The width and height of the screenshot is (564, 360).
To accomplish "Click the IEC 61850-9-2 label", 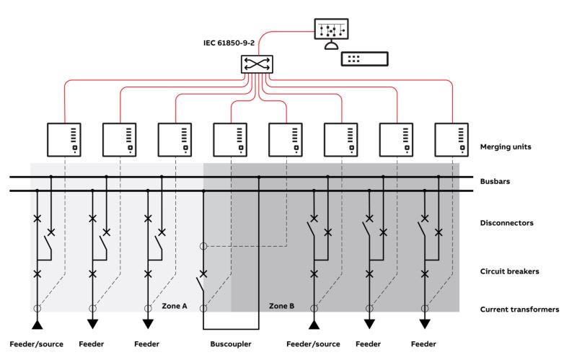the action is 229,43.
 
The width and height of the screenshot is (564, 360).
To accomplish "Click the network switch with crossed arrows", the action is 257,64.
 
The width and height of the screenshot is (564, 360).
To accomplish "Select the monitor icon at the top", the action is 331,33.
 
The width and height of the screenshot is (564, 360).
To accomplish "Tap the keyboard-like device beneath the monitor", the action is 364,59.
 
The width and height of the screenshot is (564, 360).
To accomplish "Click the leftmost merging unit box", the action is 64,140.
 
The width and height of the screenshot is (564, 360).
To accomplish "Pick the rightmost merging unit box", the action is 451,140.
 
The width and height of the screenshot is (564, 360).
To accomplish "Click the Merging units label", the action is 506,146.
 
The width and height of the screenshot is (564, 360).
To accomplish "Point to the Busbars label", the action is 495,181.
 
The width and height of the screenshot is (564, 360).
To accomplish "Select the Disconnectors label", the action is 506,223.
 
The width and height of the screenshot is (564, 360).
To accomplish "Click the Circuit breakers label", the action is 509,271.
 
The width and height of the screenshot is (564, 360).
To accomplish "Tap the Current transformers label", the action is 519,309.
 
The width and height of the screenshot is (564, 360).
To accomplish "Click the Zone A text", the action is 175,306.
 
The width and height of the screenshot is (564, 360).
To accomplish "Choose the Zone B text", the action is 282,306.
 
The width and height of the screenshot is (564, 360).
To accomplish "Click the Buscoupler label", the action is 231,344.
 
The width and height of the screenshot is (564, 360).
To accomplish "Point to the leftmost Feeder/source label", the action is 36,344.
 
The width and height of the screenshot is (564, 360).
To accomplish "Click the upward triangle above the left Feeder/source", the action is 37,325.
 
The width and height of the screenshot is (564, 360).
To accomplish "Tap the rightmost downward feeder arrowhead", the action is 425,324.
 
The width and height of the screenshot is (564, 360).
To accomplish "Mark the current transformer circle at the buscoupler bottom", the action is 203,308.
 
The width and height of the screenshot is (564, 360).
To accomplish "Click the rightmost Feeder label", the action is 423,344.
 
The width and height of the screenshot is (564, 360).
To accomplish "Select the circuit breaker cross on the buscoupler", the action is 203,274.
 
